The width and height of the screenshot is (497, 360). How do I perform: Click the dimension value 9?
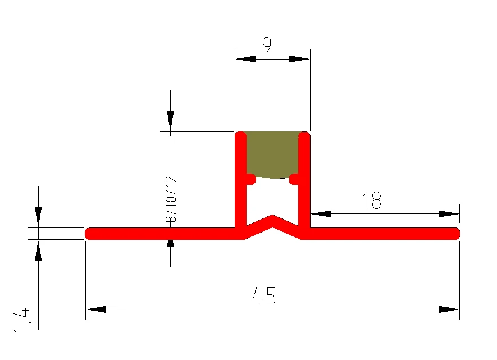267,45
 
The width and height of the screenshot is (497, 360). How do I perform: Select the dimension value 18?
372,200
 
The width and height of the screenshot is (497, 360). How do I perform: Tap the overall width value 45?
264,295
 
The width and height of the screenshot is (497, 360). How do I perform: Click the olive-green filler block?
272,155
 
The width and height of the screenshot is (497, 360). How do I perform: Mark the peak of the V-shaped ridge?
273,216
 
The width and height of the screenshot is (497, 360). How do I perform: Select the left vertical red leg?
240,180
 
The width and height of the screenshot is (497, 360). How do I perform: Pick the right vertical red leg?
304,180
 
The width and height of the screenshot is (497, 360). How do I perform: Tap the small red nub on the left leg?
250,179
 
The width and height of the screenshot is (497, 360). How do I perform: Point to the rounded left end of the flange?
90,233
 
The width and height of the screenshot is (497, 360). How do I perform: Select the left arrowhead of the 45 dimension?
96,309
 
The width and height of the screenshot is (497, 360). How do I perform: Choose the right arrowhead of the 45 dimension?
449,309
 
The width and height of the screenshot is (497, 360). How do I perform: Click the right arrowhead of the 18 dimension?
449,213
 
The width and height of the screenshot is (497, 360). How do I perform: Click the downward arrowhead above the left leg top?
170,120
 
